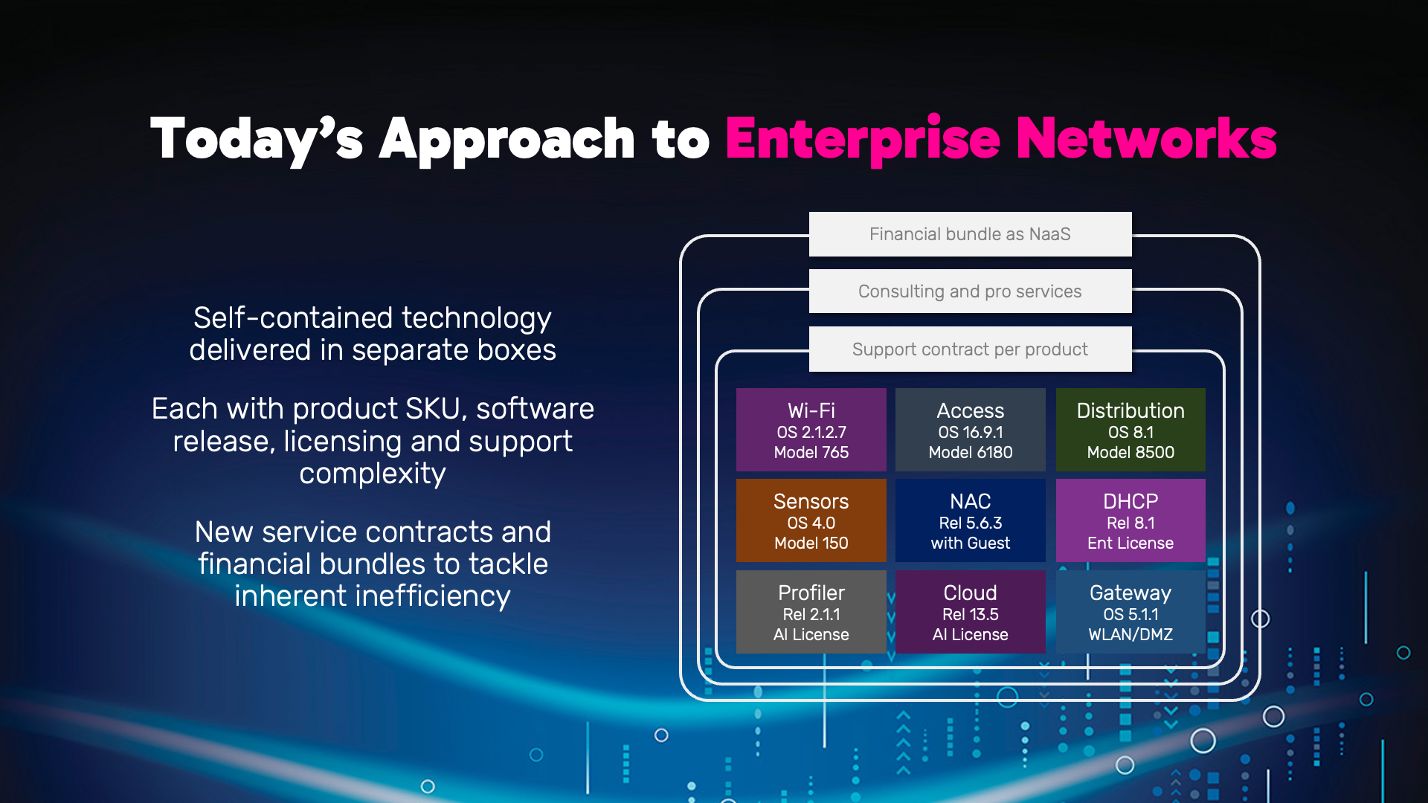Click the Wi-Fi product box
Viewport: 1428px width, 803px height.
[x=811, y=430]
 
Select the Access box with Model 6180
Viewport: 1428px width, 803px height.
[x=970, y=430]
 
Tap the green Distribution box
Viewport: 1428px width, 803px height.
[x=1130, y=430]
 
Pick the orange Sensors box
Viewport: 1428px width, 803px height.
[x=811, y=520]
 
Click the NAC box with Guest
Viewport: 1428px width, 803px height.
[x=970, y=520]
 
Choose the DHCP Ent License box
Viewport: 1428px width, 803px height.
[x=1130, y=520]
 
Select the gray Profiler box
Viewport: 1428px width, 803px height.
[x=811, y=612]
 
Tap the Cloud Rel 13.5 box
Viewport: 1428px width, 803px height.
[x=970, y=612]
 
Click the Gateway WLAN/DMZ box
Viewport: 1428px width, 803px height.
[x=1130, y=612]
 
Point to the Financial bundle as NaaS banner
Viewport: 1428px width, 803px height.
[x=970, y=234]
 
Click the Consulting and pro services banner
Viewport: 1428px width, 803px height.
[x=970, y=291]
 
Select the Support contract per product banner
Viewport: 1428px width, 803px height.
[x=970, y=349]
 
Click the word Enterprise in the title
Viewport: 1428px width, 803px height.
[x=863, y=140]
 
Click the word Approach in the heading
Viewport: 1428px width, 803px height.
[x=506, y=140]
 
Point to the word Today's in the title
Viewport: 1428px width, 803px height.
[x=257, y=140]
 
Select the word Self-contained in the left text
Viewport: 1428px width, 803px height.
[x=293, y=318]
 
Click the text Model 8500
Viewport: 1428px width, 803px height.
[x=1130, y=452]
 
